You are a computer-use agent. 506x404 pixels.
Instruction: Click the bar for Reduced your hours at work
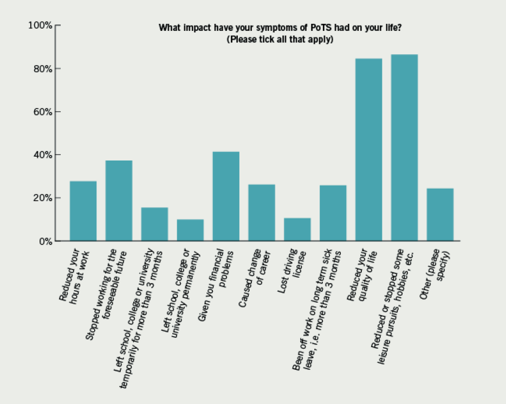pyautogui.click(x=83, y=211)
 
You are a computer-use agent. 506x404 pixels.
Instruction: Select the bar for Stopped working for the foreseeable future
pyautogui.click(x=119, y=201)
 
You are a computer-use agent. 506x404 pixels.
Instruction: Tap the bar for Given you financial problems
pyautogui.click(x=226, y=196)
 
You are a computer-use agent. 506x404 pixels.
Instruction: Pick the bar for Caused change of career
pyautogui.click(x=262, y=213)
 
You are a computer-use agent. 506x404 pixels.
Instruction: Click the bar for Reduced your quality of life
pyautogui.click(x=368, y=150)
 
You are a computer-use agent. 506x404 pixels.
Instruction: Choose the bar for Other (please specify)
pyautogui.click(x=440, y=215)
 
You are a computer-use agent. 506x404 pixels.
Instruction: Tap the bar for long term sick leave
pyautogui.click(x=333, y=213)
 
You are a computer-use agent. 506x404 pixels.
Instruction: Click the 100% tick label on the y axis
pyautogui.click(x=40, y=25)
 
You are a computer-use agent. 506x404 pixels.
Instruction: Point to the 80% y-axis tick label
pyautogui.click(x=42, y=69)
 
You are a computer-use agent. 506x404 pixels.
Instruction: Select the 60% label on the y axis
pyautogui.click(x=42, y=112)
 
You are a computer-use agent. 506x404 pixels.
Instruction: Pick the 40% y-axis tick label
pyautogui.click(x=42, y=155)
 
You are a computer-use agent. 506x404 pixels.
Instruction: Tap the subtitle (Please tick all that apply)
pyautogui.click(x=280, y=39)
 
